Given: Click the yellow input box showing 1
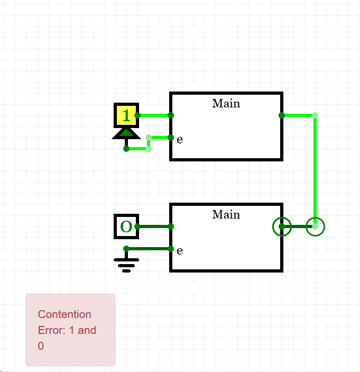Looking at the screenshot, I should click(126, 115).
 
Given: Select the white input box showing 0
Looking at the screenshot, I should click(126, 226).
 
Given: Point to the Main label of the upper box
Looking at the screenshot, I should click(226, 103).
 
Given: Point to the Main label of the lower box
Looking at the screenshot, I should click(226, 214).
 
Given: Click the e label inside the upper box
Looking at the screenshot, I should click(180, 140).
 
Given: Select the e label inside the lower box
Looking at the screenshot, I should click(180, 250).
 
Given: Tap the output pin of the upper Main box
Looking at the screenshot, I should click(282, 115).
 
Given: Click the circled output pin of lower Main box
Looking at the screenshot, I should click(282, 226).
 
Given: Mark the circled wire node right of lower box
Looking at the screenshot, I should click(315, 226).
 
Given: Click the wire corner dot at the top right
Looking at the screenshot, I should click(315, 115).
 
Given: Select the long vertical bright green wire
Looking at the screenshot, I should click(315, 169).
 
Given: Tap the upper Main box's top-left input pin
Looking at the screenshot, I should click(171, 115).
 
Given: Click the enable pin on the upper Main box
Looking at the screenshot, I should click(171, 138).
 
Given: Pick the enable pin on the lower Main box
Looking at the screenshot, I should click(171, 249).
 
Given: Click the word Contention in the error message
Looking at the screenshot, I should click(64, 314).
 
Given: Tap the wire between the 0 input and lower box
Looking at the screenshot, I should click(154, 226).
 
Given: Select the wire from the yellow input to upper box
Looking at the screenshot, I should click(154, 115).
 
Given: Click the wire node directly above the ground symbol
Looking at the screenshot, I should click(126, 249).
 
